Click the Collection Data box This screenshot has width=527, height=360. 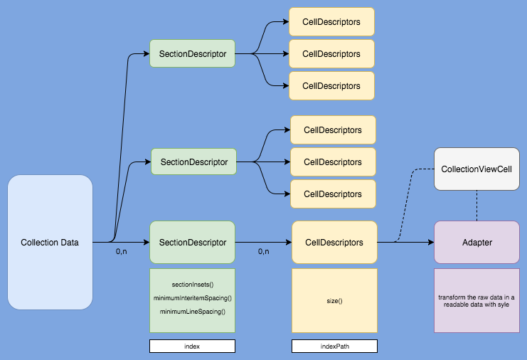50,243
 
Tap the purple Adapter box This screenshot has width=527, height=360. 476,243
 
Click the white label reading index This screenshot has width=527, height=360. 192,346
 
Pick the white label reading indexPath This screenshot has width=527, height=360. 334,346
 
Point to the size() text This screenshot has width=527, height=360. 334,301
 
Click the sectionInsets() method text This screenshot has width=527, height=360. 192,285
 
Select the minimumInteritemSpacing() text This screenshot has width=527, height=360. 192,297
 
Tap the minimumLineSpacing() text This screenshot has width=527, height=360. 192,312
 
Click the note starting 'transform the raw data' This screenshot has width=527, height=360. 476,301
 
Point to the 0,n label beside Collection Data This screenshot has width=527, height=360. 122,252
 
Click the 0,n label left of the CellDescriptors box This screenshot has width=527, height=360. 264,252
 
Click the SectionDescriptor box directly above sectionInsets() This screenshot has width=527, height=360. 192,243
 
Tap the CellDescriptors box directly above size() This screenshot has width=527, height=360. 334,243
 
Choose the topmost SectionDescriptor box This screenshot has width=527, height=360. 192,53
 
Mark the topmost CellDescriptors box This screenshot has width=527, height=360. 331,22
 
